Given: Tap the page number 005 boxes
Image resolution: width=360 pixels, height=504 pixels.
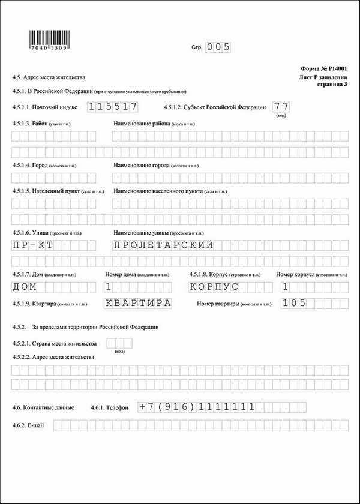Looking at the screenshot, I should click(x=218, y=47).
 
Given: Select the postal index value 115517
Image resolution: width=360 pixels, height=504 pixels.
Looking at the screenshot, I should click(x=113, y=107).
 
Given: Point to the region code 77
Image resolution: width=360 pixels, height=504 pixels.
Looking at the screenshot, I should click(x=281, y=107).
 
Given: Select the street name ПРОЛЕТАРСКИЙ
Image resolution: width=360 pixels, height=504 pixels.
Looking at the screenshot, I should click(x=164, y=245).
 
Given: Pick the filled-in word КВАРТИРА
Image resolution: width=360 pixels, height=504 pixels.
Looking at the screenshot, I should click(x=138, y=303).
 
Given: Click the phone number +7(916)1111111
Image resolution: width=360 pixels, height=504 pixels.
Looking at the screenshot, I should click(x=197, y=406).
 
